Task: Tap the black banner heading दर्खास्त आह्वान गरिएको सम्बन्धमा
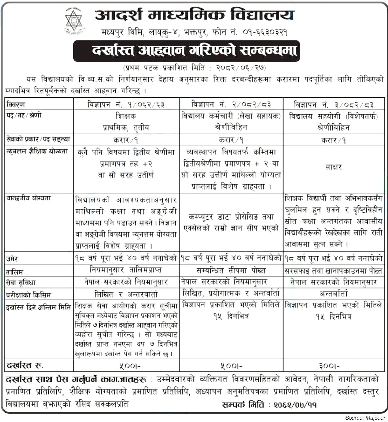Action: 186,51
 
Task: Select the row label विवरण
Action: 16,105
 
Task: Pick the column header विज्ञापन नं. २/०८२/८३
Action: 231,105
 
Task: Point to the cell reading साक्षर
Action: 333,167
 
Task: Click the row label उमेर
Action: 12,259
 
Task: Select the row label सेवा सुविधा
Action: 21,282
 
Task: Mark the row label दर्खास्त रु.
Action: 25,365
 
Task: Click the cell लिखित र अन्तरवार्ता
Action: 126,294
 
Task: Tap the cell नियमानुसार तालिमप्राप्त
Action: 126,270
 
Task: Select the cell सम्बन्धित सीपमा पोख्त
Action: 231,271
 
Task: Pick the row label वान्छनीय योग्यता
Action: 28,198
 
